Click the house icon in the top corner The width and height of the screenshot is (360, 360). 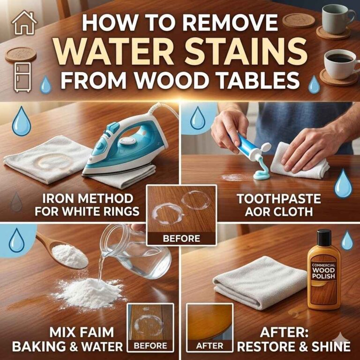23,23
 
